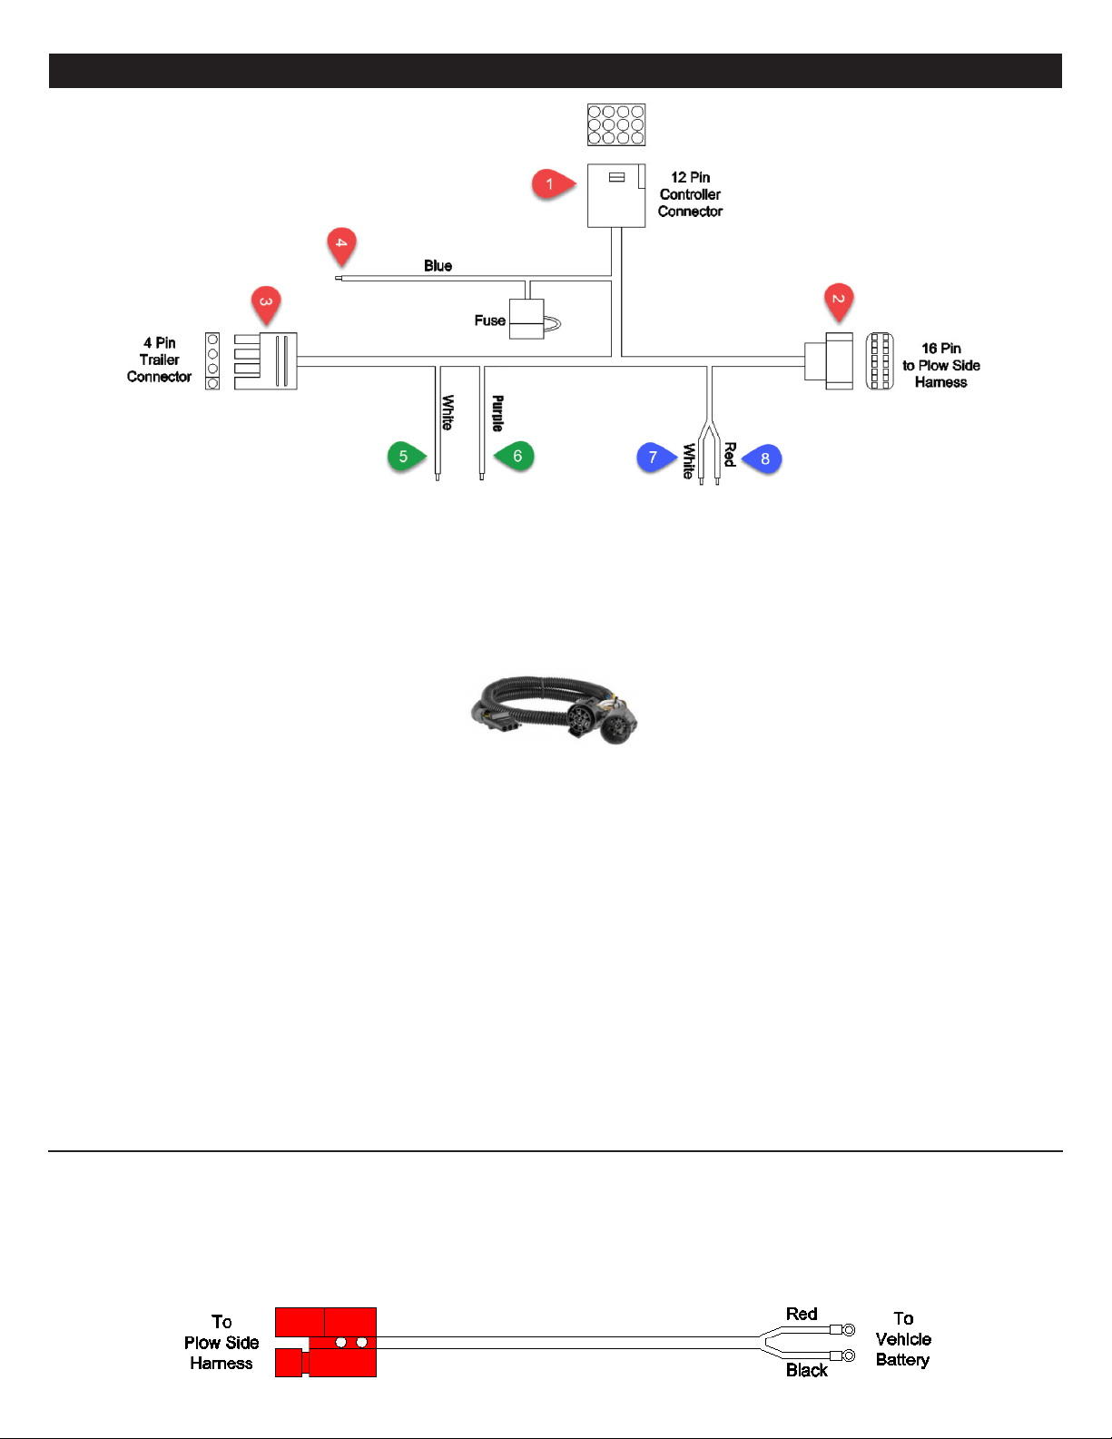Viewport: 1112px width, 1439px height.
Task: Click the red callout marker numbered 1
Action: pyautogui.click(x=549, y=184)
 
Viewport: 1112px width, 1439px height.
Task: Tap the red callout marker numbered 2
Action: pyautogui.click(x=839, y=300)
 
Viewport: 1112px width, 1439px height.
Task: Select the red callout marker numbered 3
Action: pyautogui.click(x=266, y=302)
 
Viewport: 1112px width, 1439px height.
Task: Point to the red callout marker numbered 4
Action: pyautogui.click(x=341, y=243)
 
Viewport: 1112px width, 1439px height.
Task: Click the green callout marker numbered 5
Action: pyautogui.click(x=403, y=456)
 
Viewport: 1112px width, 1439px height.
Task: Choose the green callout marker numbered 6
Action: pyautogui.click(x=517, y=456)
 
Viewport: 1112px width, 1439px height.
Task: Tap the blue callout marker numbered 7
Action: pyautogui.click(x=653, y=458)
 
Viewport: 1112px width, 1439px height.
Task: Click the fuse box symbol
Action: pyautogui.click(x=526, y=319)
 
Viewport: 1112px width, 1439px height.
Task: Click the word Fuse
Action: pyautogui.click(x=489, y=320)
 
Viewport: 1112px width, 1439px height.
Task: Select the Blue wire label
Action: pyautogui.click(x=438, y=266)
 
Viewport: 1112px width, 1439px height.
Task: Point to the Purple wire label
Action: pyautogui.click(x=497, y=413)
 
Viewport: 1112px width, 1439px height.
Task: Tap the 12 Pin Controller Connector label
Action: pyautogui.click(x=690, y=194)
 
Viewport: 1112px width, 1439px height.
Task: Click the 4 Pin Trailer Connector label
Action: pyautogui.click(x=159, y=360)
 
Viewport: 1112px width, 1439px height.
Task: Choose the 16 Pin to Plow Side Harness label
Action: pyautogui.click(x=940, y=365)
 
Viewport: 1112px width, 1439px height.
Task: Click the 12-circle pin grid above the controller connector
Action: pyautogui.click(x=616, y=124)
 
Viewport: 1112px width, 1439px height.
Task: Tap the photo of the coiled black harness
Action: pyautogui.click(x=555, y=709)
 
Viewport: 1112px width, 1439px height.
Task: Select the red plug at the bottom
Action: pyautogui.click(x=326, y=1342)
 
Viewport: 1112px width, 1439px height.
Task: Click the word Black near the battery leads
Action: pyautogui.click(x=806, y=1370)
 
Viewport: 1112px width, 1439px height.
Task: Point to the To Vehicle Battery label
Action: pyautogui.click(x=902, y=1339)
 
